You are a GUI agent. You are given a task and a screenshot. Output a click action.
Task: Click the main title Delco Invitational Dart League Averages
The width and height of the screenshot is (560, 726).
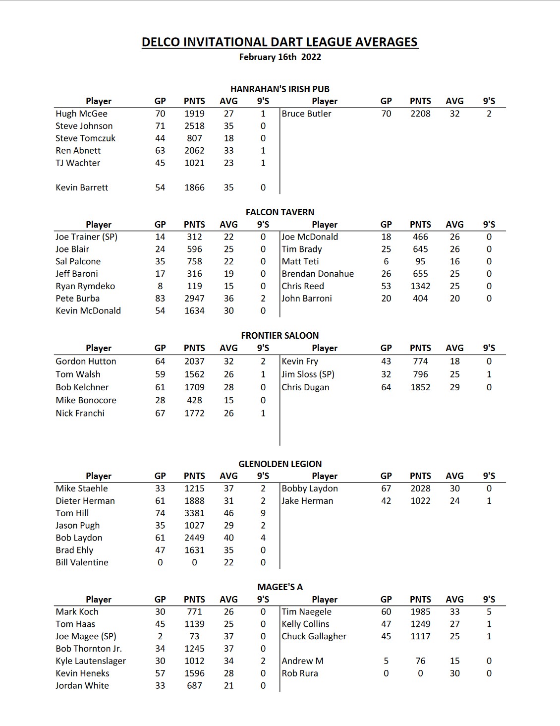[x=280, y=42]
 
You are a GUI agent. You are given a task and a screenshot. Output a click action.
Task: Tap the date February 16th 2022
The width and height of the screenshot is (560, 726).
[x=280, y=57]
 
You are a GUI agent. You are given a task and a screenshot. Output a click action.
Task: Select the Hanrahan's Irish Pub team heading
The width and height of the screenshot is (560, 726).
[x=280, y=89]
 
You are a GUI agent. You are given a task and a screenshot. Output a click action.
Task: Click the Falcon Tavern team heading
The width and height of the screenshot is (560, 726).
[x=280, y=212]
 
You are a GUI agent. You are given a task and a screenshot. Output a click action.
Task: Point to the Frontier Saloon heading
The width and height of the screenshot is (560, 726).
[x=280, y=336]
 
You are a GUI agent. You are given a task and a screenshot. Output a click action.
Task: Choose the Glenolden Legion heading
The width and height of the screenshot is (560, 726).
[x=280, y=464]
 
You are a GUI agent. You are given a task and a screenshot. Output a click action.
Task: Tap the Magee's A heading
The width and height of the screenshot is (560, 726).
[x=280, y=587]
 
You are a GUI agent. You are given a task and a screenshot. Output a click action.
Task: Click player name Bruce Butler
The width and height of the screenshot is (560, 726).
[x=306, y=114]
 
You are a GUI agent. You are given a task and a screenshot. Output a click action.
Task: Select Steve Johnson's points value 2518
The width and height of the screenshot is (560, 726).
[x=194, y=126]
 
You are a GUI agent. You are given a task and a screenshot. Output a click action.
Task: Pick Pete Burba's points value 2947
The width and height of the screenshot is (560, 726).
[x=194, y=299]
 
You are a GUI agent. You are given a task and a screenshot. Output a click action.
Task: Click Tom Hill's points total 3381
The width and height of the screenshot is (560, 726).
[x=194, y=513]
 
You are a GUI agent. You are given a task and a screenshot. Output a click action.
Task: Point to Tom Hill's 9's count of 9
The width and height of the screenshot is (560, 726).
[x=263, y=513]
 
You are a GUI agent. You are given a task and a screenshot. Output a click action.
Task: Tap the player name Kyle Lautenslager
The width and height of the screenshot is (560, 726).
[x=91, y=661]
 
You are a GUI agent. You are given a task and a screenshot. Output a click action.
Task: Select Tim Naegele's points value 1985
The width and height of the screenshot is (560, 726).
[x=420, y=612]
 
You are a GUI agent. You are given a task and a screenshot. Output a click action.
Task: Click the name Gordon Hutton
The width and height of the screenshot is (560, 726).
[x=86, y=362]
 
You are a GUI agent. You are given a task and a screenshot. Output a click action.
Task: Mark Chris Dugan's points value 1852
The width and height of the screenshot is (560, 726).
[x=420, y=387]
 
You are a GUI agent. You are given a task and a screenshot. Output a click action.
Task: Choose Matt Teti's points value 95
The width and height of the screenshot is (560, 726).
[x=420, y=261]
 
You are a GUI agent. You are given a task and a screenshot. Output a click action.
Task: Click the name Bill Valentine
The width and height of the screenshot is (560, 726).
[x=82, y=562]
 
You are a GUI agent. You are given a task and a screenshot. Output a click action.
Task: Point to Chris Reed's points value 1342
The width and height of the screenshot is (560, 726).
[x=420, y=286]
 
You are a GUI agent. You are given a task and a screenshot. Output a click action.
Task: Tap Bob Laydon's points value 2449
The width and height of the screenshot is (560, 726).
[x=194, y=538]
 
